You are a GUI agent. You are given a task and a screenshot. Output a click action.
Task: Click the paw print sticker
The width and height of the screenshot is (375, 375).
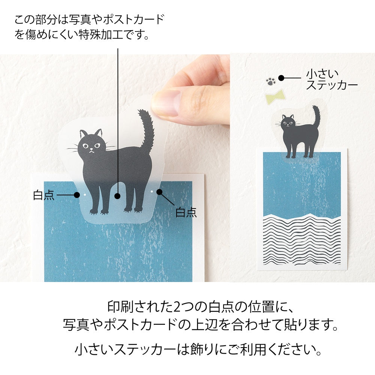tap(271, 81)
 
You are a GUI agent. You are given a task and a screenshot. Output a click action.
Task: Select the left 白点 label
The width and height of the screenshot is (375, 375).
tap(44, 195)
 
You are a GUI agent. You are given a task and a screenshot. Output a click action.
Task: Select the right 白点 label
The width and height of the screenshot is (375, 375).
tap(186, 212)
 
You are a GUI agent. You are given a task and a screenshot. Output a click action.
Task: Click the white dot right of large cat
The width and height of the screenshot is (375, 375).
tap(151, 191)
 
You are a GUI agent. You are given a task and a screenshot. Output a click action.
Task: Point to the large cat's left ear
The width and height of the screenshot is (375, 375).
tap(83, 134)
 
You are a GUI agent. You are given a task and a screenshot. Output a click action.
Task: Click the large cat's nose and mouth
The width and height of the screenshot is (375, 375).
tap(90, 151)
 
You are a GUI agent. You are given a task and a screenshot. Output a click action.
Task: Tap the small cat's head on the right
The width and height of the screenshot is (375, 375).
tap(288, 122)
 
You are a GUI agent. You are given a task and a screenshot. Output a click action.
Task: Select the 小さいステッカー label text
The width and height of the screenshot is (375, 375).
tap(331, 79)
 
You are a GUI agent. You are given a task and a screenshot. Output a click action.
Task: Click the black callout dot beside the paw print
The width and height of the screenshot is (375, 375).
tap(281, 78)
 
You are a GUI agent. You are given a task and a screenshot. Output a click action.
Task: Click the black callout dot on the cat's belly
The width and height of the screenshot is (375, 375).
tap(118, 196)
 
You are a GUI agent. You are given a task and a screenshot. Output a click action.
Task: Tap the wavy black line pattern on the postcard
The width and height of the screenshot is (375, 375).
tap(302, 240)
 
